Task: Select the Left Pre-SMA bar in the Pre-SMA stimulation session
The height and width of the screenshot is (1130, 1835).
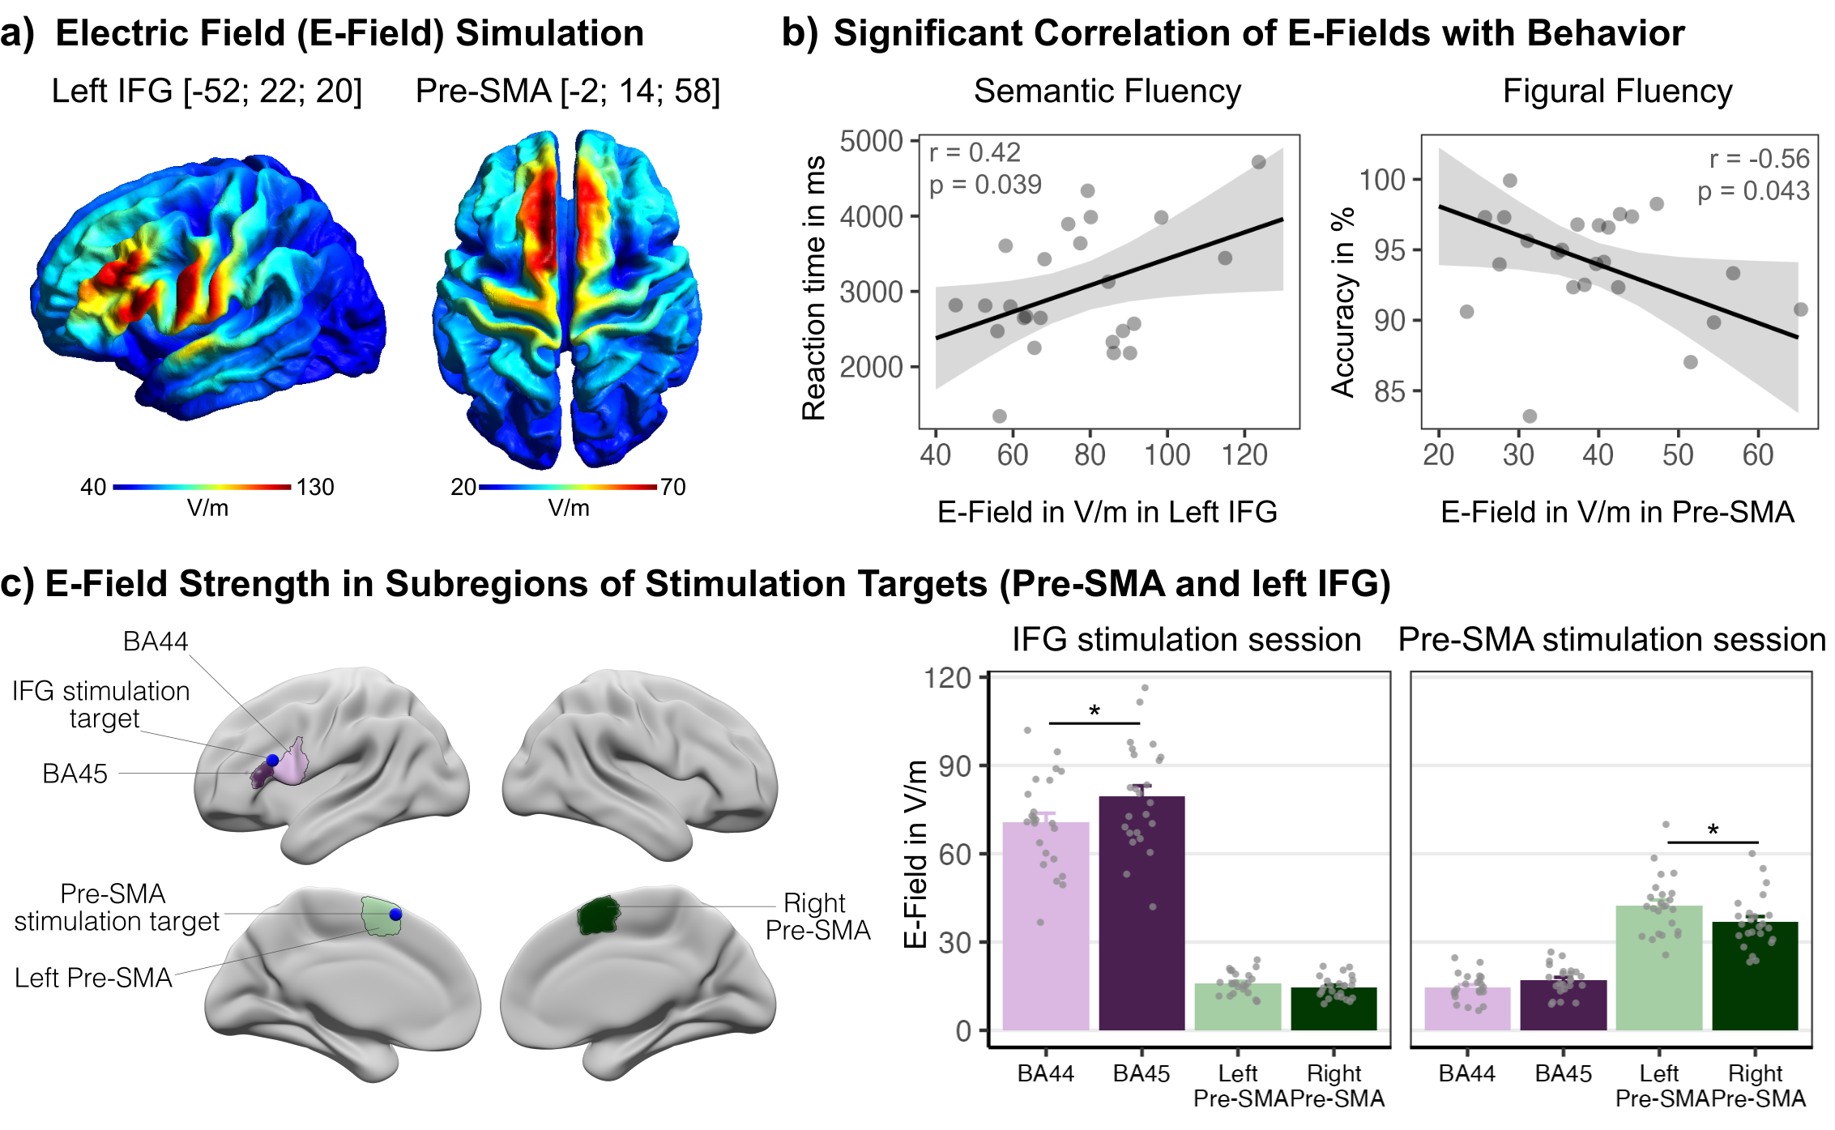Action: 1658,967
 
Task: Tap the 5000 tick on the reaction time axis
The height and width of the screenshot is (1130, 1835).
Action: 871,142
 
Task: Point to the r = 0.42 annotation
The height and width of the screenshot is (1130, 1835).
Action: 975,152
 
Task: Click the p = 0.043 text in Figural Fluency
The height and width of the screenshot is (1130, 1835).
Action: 1753,191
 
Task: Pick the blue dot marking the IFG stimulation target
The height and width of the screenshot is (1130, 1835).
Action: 273,760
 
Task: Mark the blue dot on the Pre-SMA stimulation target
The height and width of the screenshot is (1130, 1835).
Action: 395,914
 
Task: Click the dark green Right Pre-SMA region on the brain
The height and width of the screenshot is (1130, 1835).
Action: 598,916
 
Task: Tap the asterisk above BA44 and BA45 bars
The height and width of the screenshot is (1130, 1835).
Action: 1095,711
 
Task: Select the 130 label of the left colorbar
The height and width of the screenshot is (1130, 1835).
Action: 315,487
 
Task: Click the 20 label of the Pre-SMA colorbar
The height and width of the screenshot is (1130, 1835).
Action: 463,487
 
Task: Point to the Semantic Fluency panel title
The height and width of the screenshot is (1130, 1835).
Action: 1107,91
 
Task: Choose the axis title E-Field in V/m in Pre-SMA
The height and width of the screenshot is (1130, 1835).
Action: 1617,512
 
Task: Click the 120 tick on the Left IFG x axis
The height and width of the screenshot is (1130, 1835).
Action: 1244,455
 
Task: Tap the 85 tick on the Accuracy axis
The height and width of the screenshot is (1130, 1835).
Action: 1389,391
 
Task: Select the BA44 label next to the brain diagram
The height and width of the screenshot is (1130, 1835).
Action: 155,641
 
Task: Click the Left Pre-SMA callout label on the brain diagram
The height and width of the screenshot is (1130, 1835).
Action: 93,978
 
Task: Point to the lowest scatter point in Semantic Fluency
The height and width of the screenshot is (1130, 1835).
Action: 999,416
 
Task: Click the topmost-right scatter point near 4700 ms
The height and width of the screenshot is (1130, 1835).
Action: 1258,162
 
